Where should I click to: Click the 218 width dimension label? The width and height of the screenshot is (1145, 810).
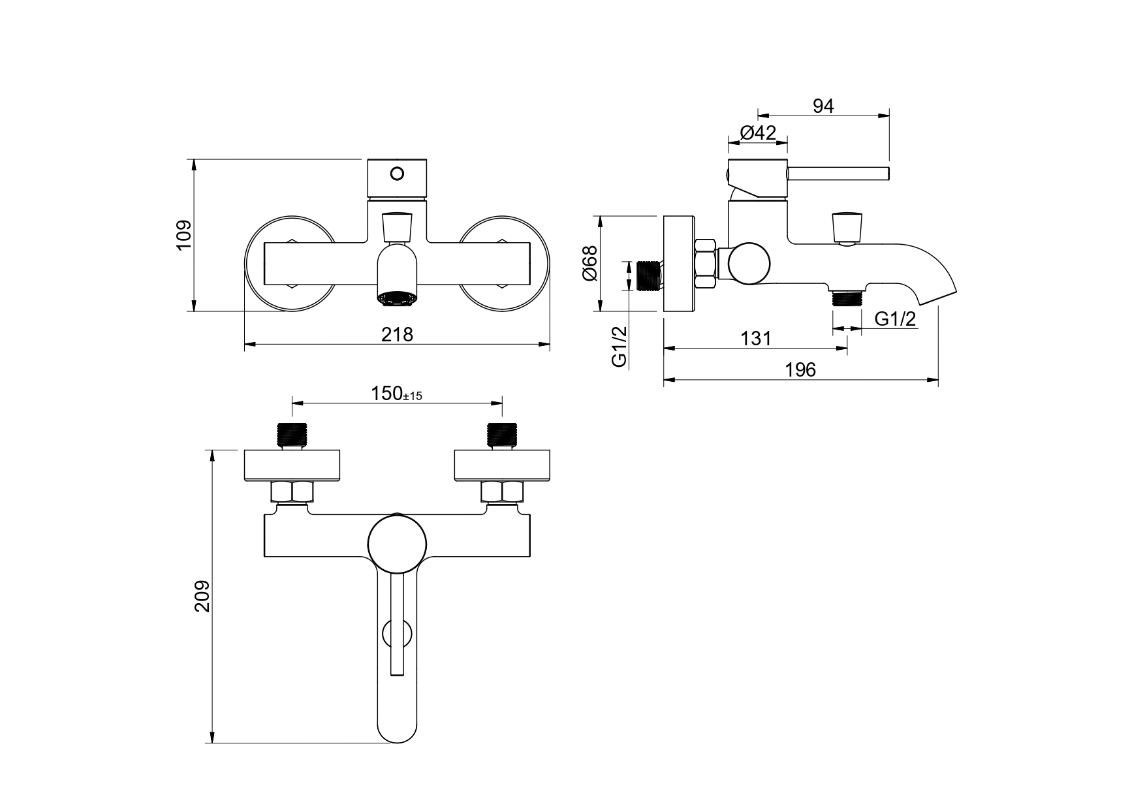[397, 334]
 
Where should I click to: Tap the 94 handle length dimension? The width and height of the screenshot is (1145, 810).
[823, 106]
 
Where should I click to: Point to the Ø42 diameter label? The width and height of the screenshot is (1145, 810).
[758, 132]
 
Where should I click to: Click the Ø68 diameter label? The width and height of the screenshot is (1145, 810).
[589, 263]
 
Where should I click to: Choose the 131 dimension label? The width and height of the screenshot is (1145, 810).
[755, 339]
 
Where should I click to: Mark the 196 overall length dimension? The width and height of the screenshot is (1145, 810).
[800, 369]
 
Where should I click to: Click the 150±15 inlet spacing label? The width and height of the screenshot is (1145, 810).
[397, 394]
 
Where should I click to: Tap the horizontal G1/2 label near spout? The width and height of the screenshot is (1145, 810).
[895, 319]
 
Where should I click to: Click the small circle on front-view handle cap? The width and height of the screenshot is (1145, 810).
[397, 174]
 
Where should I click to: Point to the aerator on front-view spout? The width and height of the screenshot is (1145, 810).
[396, 298]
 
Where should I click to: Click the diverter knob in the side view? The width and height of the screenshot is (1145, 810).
[847, 226]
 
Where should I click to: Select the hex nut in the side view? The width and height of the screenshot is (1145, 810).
[706, 264]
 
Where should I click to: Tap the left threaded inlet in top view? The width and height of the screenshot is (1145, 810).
[292, 434]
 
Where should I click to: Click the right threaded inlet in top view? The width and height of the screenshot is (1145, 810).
[502, 434]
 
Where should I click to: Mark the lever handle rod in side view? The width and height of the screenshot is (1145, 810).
[838, 174]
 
